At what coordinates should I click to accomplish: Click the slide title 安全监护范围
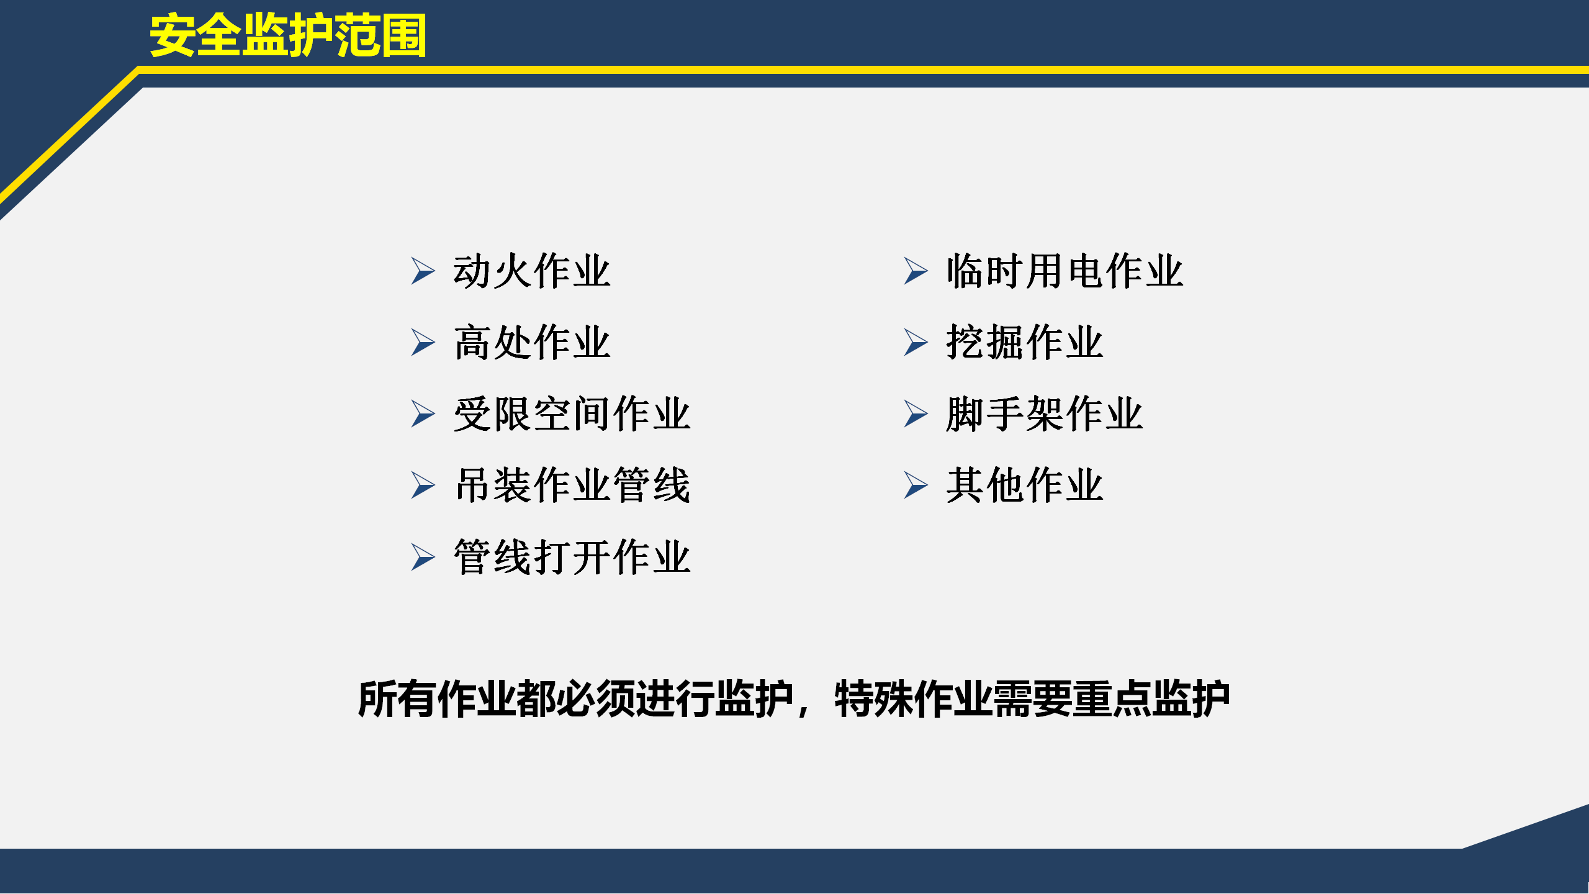[288, 36]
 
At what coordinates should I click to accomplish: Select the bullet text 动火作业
[532, 271]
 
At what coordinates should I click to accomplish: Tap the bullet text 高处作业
[532, 343]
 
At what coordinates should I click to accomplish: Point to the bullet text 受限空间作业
[572, 414]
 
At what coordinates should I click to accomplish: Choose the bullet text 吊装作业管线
[572, 485]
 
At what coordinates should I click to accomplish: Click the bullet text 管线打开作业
[572, 557]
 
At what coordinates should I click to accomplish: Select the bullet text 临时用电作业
[1065, 271]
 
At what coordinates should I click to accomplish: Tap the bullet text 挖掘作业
[1025, 343]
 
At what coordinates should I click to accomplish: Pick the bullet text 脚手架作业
[1045, 414]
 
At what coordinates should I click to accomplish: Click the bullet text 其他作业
[1025, 485]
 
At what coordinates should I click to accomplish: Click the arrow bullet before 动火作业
[422, 271]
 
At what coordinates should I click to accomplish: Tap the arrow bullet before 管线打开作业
[422, 557]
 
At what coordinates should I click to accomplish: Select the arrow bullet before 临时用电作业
[915, 271]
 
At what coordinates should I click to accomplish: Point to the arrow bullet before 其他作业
[915, 485]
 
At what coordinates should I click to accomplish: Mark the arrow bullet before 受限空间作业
[422, 414]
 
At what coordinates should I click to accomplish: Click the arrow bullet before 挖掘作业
[915, 343]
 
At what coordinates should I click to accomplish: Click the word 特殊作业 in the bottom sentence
[912, 699]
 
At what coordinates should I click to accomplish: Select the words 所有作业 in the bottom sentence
[436, 699]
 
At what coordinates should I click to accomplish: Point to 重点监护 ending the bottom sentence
[1151, 699]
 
